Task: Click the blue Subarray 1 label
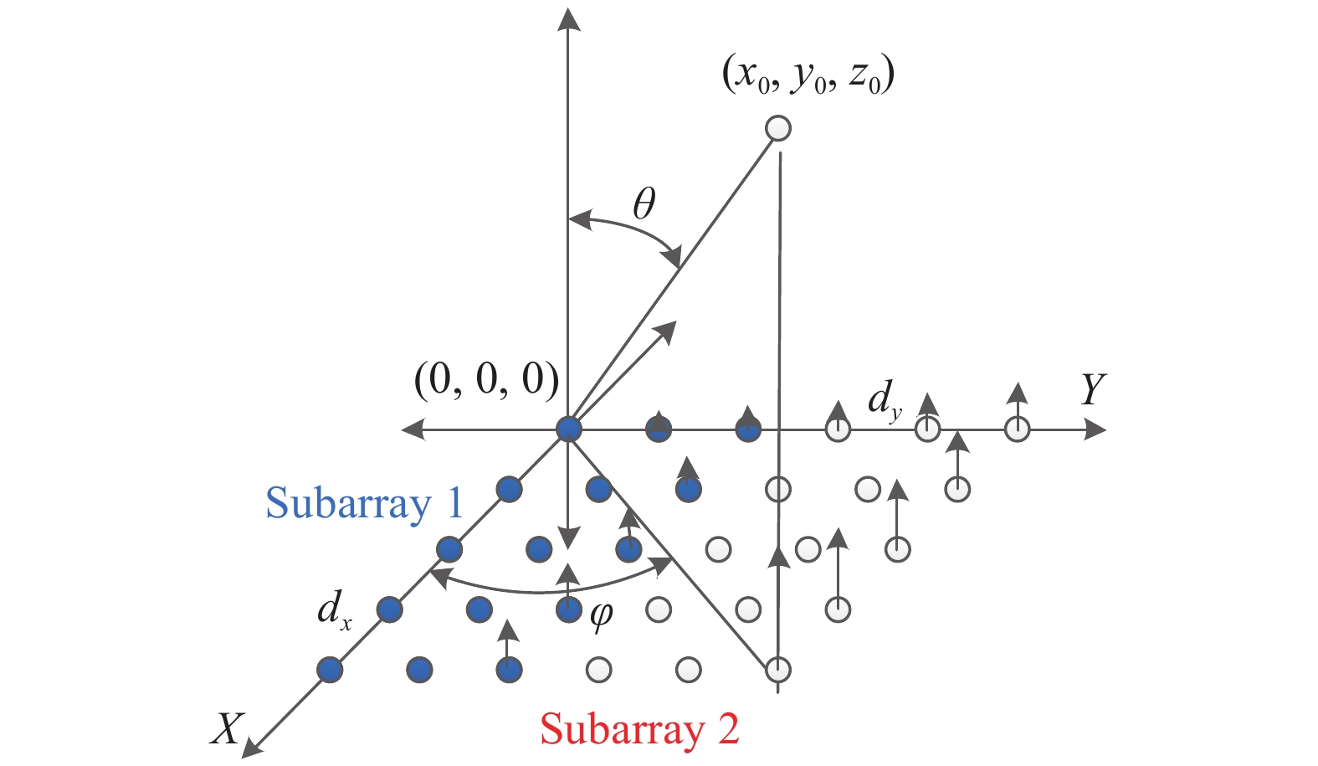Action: click(x=364, y=503)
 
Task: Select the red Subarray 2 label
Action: click(x=640, y=728)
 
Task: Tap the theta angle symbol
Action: click(x=644, y=203)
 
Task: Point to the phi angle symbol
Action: click(x=601, y=616)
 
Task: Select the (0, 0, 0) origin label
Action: click(x=486, y=379)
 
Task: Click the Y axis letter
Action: click(x=1092, y=389)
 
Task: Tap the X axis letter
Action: click(x=226, y=728)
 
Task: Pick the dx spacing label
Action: click(x=335, y=608)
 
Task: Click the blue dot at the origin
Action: click(x=569, y=429)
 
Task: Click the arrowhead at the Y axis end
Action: click(x=1096, y=429)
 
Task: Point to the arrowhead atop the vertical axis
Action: click(x=569, y=18)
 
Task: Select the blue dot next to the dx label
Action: click(x=389, y=609)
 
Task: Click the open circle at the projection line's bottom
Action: click(x=778, y=670)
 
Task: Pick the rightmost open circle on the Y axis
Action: click(x=1017, y=429)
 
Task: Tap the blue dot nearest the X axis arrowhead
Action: click(x=330, y=670)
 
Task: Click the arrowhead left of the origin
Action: click(x=413, y=429)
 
